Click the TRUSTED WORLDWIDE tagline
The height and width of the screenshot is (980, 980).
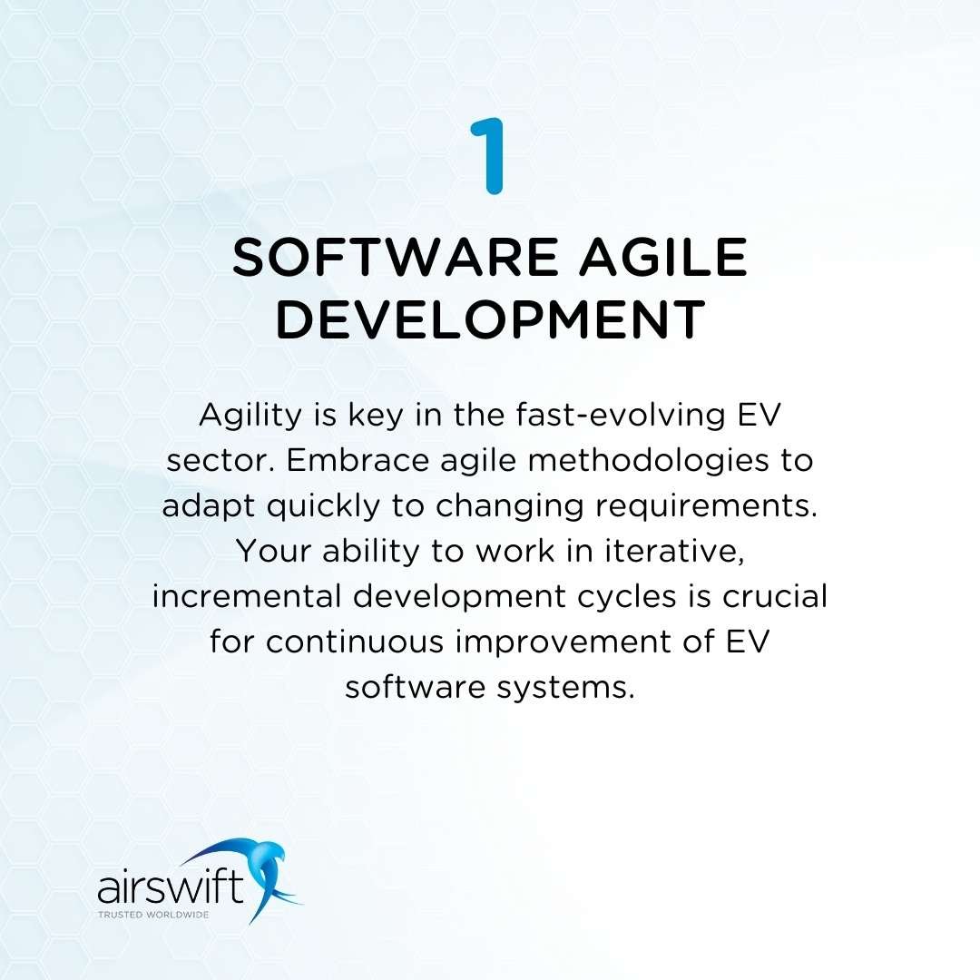152,914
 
